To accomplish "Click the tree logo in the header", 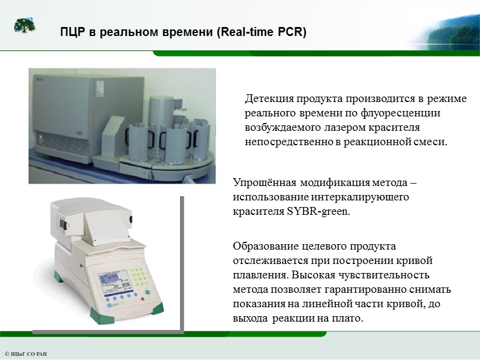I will pos(25,26).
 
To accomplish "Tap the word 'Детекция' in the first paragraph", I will pos(268,98).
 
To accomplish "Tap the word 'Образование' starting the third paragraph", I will pos(264,246).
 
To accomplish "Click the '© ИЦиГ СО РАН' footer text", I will pos(25,354).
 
